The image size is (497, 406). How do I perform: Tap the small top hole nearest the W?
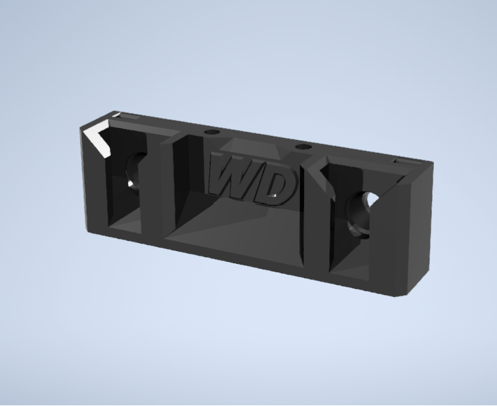(x=212, y=132)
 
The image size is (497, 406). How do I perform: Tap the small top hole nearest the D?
(x=303, y=147)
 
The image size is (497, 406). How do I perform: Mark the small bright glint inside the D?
(x=275, y=195)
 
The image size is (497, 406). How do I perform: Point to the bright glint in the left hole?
(x=131, y=183)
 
